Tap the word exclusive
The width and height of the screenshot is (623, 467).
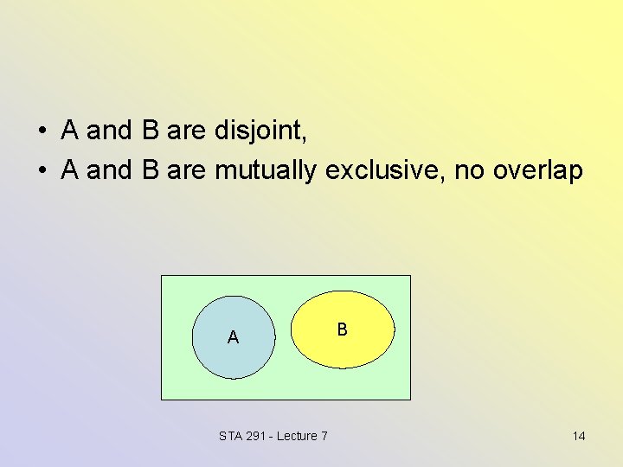point(384,170)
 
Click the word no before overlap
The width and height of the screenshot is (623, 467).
point(469,170)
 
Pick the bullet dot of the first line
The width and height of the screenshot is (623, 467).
point(42,132)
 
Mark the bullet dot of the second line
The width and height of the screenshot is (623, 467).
point(42,171)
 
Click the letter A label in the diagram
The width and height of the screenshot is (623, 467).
point(233,337)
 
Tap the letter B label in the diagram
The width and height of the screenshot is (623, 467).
point(343,329)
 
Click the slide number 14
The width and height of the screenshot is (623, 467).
point(579,436)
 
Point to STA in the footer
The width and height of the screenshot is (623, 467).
point(231,436)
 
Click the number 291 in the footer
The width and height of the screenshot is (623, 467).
point(257,436)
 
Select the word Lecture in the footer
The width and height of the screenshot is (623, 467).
point(297,436)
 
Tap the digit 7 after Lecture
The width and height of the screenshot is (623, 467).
point(324,436)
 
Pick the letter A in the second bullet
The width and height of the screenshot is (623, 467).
point(72,170)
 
